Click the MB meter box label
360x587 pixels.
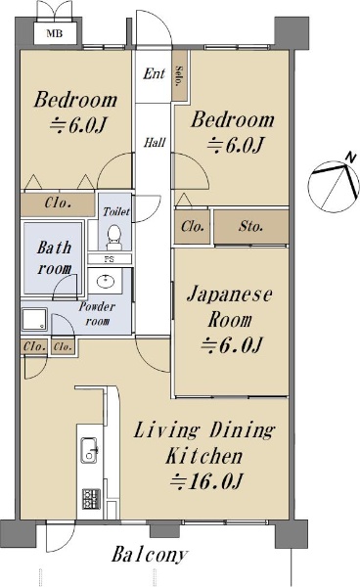point(54,33)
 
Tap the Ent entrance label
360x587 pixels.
point(154,73)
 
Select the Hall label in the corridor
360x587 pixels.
point(155,142)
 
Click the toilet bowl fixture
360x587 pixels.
point(113,238)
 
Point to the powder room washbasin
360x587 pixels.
point(106,281)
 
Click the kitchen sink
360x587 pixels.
point(89,450)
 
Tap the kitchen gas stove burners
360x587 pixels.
point(91,499)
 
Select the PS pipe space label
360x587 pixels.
point(109,259)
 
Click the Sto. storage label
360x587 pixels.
point(250,226)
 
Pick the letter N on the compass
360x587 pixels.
point(350,158)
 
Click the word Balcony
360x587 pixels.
point(150,555)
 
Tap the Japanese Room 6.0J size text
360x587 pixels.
point(231,345)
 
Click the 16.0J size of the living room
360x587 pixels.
point(206,481)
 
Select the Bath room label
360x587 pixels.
point(54,258)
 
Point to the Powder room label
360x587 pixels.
point(97,314)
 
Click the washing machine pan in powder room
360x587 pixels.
point(34,320)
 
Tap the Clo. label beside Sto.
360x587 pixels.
point(193,227)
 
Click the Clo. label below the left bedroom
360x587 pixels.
point(58,203)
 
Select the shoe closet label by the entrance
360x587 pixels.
point(179,76)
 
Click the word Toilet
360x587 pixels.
point(116,212)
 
